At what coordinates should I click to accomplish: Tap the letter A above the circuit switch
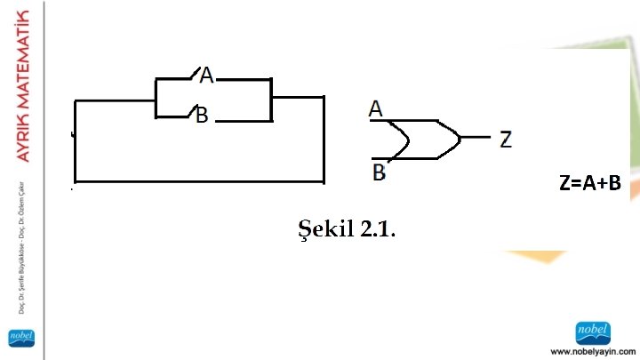point(206,76)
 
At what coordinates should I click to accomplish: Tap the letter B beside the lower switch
point(203,116)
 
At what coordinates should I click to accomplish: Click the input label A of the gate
point(376,108)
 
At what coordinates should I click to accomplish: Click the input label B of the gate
point(379,172)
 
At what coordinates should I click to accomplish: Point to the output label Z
point(505,139)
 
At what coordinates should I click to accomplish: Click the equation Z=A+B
point(589,184)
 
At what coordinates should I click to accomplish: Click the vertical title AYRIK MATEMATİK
point(24,85)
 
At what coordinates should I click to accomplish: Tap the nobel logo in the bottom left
point(20,338)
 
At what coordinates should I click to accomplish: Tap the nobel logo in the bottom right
point(593,331)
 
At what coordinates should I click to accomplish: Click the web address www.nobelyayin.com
point(593,350)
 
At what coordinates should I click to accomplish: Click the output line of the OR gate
point(476,138)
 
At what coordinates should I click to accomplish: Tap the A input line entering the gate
point(386,121)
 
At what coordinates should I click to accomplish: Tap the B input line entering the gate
point(386,158)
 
